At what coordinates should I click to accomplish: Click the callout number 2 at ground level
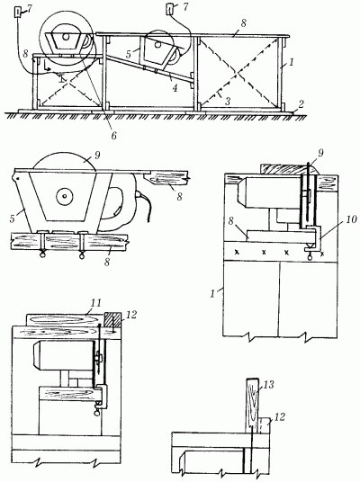click(x=301, y=104)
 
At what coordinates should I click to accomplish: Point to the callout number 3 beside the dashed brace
click(x=228, y=102)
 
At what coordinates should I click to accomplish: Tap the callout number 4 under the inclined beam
click(x=175, y=88)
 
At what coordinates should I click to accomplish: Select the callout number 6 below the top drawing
click(x=113, y=135)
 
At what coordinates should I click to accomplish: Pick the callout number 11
click(x=96, y=303)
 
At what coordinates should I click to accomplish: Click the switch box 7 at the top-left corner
click(x=18, y=13)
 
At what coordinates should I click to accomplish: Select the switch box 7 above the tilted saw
click(x=170, y=9)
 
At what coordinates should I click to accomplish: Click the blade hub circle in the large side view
click(x=64, y=195)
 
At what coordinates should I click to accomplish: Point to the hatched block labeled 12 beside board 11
click(x=112, y=321)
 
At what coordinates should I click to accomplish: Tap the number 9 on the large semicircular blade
click(x=97, y=156)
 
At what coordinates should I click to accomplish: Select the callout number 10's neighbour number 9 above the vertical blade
click(x=321, y=154)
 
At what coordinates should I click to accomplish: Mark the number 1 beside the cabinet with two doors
click(x=212, y=293)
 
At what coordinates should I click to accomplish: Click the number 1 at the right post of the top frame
click(x=292, y=63)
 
